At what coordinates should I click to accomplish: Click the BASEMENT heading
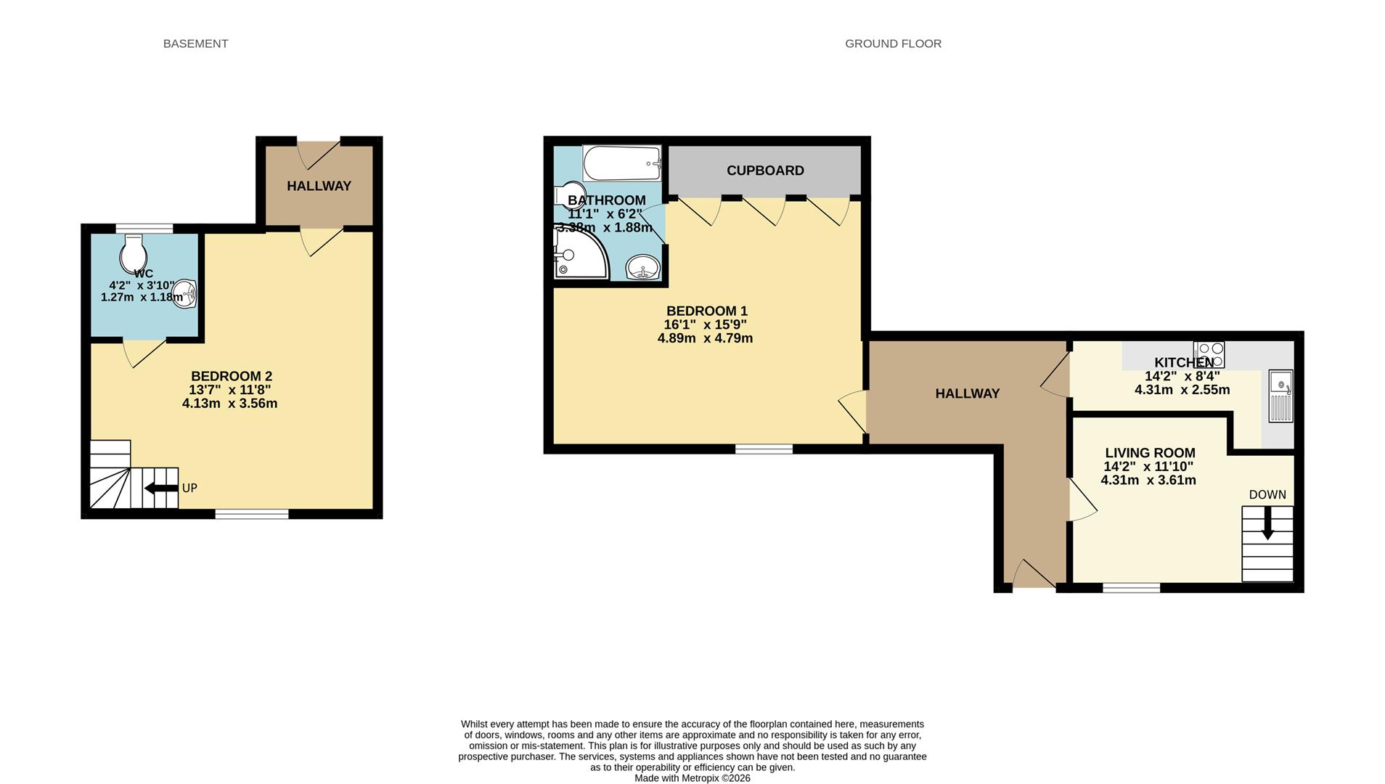195,44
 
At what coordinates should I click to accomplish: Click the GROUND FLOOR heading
893,44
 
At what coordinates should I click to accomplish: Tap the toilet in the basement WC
134,253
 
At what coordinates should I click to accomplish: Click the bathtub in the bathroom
622,163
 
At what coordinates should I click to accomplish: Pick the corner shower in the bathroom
578,254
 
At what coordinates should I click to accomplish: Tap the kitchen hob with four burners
1209,354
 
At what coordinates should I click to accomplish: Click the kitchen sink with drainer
1280,396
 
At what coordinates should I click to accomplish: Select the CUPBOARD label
765,171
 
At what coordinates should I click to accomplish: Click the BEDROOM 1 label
706,311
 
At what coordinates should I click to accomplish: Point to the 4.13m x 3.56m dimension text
229,404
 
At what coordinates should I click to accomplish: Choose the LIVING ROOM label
1150,453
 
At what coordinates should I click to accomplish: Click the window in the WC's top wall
144,229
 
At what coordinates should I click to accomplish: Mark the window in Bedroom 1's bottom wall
764,449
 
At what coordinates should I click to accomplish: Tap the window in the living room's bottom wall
1131,588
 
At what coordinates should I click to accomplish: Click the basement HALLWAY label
319,186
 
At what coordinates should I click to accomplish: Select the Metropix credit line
692,778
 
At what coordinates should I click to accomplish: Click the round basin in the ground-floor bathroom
642,268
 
